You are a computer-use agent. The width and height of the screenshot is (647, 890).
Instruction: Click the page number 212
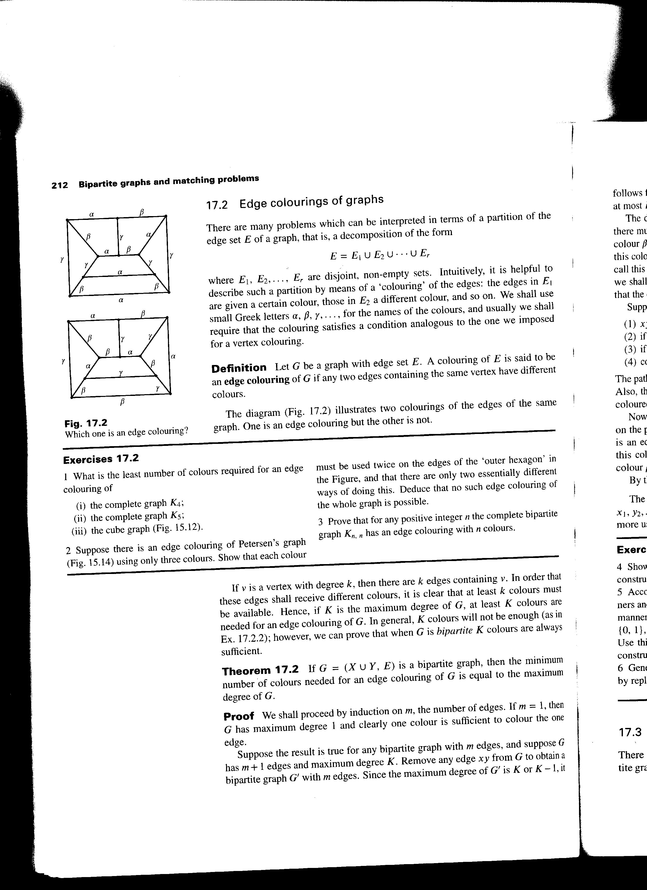60,185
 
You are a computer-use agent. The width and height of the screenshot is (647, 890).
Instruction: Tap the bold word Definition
239,368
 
